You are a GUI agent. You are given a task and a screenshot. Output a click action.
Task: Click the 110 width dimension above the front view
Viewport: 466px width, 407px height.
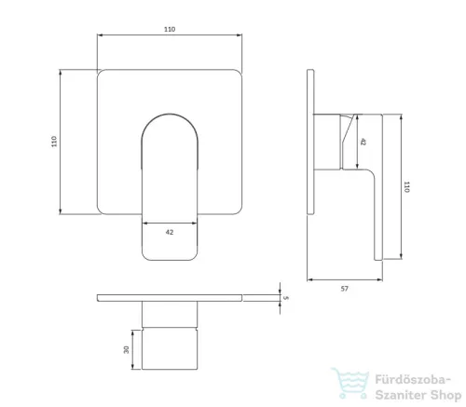(x=170, y=29)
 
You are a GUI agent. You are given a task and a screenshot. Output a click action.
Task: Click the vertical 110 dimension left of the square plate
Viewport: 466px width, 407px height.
(x=54, y=142)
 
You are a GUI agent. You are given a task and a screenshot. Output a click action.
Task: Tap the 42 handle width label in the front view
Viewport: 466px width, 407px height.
(x=170, y=232)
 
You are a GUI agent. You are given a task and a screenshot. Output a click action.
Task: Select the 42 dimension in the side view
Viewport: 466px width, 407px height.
(x=363, y=142)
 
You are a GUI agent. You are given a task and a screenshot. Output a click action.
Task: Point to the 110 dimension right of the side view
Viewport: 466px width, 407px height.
(x=406, y=187)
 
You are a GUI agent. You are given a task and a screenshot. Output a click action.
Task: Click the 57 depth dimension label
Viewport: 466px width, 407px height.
(x=344, y=289)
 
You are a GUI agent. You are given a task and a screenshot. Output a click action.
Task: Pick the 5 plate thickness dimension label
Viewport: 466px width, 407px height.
(x=286, y=298)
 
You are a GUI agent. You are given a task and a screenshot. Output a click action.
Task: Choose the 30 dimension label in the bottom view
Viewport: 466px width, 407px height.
(x=126, y=350)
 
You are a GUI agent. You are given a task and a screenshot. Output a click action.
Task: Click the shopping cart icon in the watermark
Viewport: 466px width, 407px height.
(x=350, y=383)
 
